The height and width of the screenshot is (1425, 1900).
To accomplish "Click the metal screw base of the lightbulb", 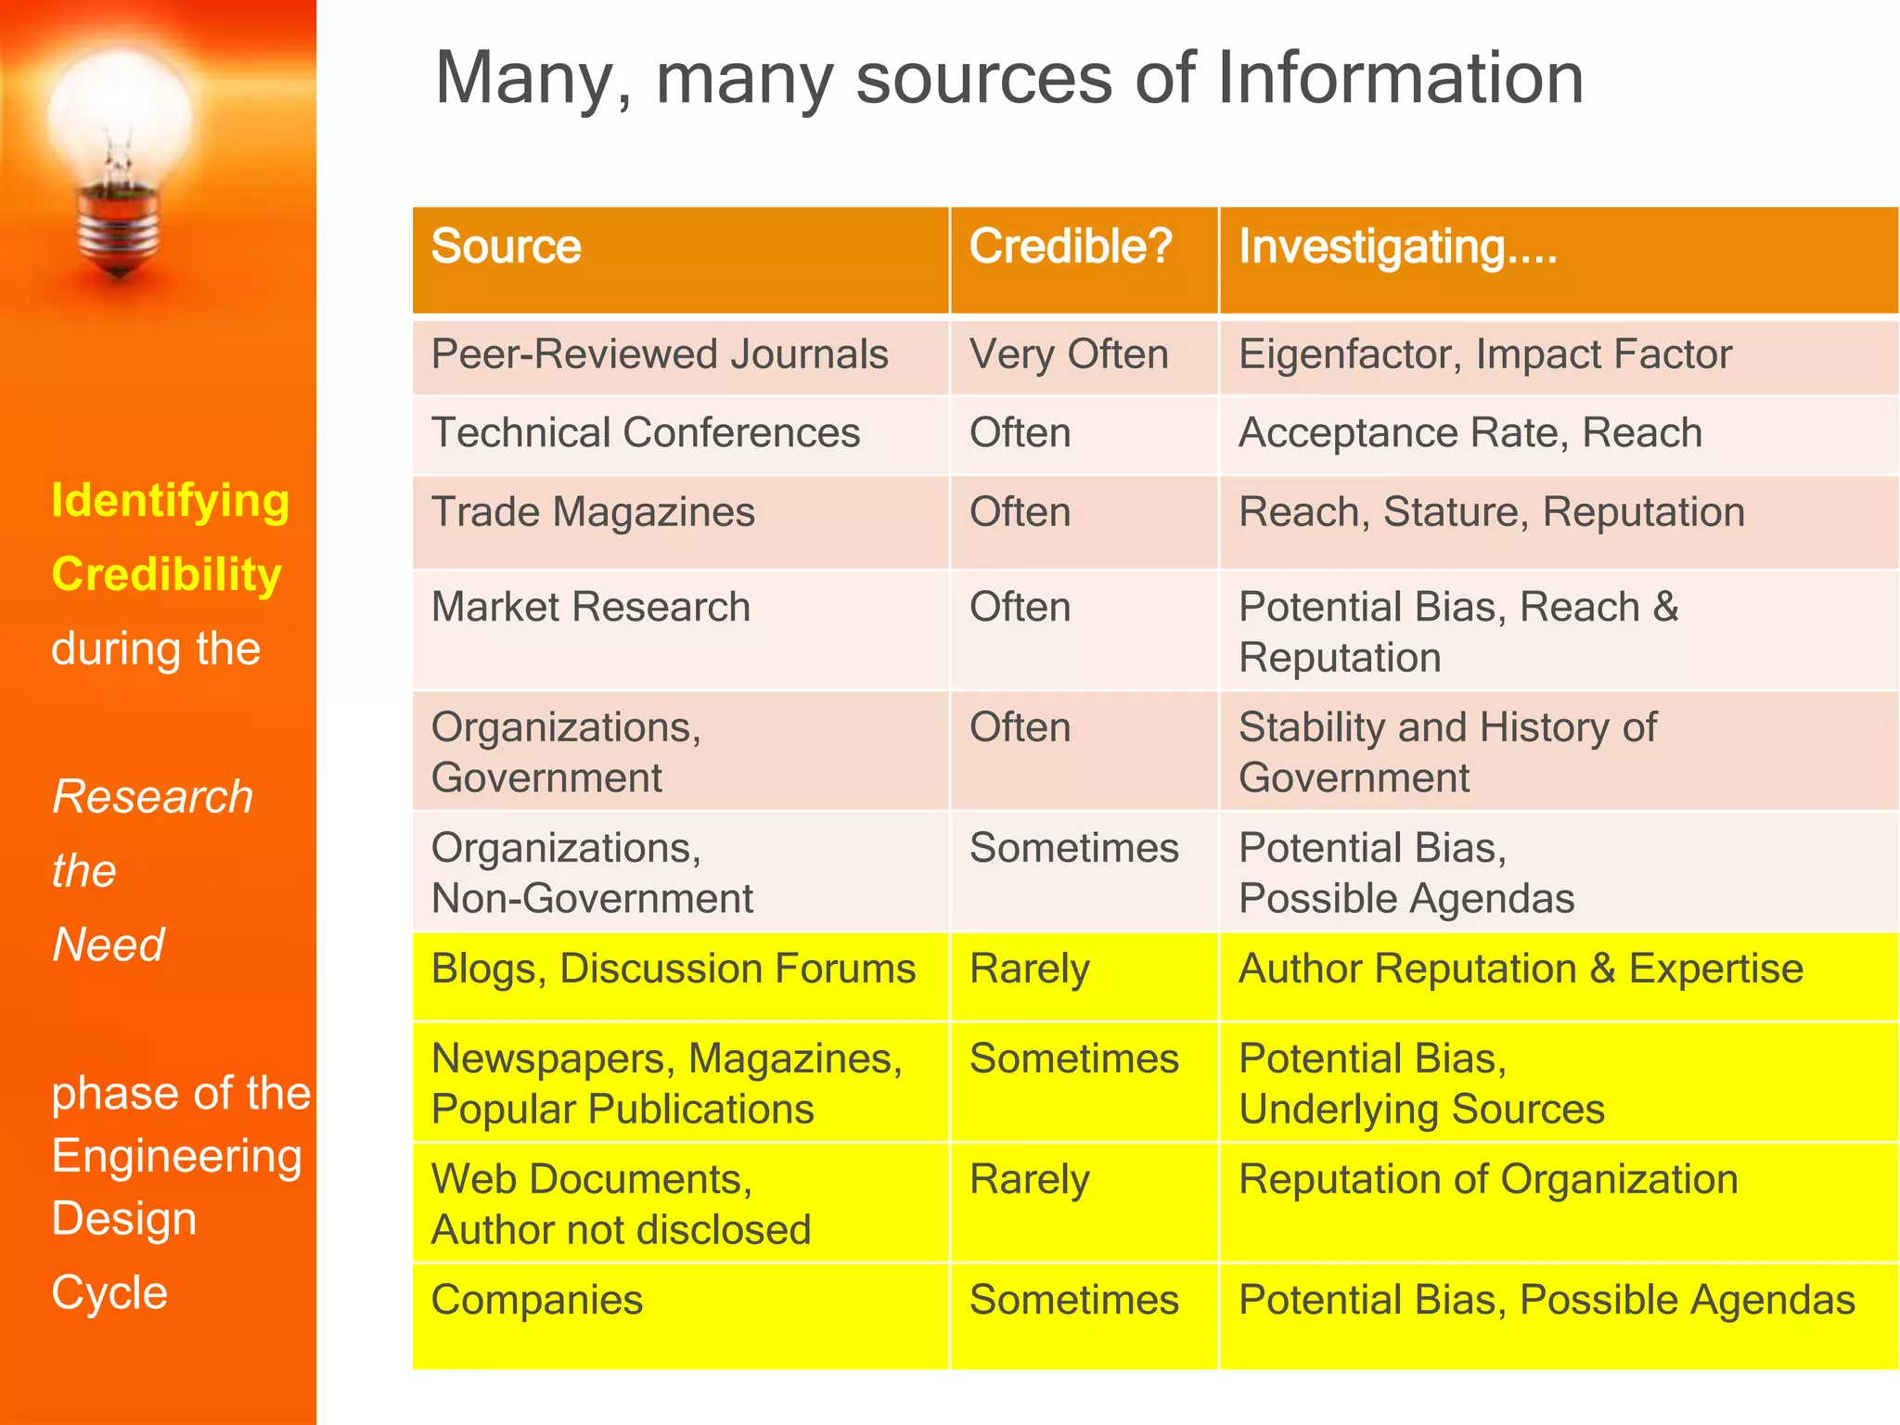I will click(x=118, y=227).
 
